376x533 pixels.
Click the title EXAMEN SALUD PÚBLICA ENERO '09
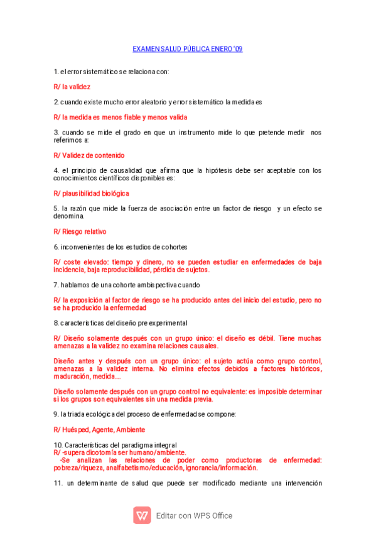tap(188, 48)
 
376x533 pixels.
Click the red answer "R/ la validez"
tap(72, 87)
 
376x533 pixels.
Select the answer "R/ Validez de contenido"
tap(89, 155)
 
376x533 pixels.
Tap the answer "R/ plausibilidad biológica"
tap(91, 194)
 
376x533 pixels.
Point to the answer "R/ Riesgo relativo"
tap(80, 231)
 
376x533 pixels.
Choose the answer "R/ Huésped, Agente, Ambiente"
tap(99, 429)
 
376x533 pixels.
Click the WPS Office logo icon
tap(142, 515)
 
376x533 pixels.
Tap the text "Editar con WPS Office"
tap(194, 515)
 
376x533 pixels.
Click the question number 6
tap(56, 247)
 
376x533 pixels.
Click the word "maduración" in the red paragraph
tap(72, 377)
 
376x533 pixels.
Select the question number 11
tap(57, 483)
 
